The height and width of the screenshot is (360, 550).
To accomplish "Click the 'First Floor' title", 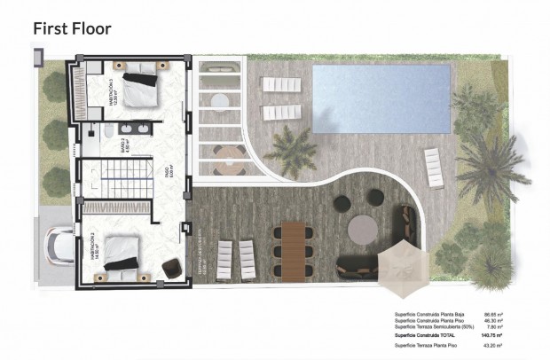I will tap(73, 28).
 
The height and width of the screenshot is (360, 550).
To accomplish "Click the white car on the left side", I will tap(57, 245).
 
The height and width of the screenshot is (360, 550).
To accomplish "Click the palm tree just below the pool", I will tap(290, 149).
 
